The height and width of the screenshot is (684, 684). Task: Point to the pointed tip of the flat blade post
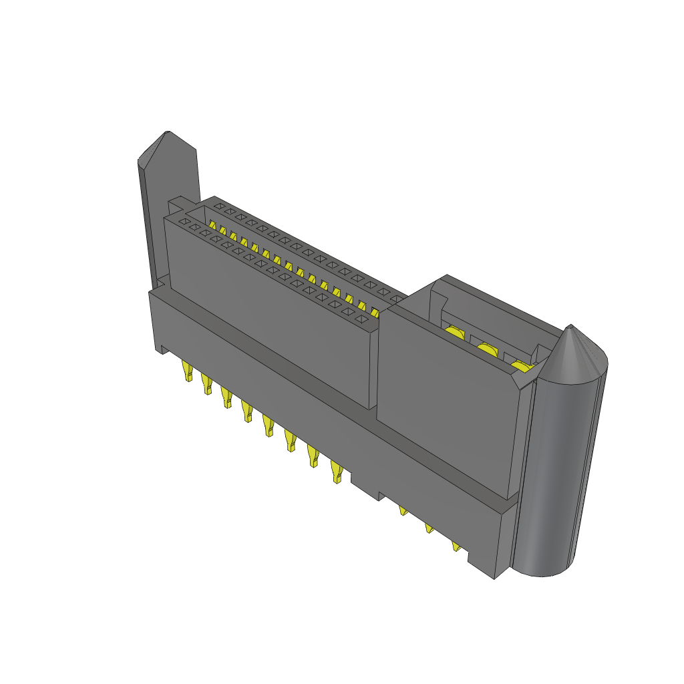point(168,134)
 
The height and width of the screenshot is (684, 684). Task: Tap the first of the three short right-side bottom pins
point(403,511)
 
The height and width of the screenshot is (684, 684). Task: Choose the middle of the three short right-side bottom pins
point(429,529)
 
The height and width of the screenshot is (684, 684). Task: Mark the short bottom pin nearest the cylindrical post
point(456,546)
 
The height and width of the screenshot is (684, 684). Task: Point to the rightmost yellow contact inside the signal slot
point(374,312)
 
